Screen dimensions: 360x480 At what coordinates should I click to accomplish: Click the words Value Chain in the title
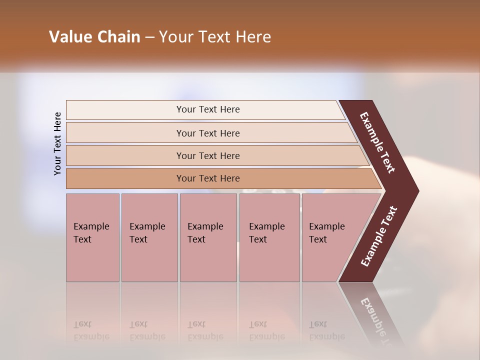(x=94, y=37)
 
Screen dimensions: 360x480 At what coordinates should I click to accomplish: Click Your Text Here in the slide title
(x=215, y=37)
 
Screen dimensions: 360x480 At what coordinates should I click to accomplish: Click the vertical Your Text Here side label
(x=57, y=143)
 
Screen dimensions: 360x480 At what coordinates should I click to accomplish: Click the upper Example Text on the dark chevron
(x=377, y=142)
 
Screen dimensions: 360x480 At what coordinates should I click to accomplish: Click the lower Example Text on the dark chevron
(x=379, y=236)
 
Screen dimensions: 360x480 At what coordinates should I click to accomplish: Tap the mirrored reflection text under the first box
(x=91, y=330)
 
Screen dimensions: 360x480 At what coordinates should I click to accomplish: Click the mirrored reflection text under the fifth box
(x=326, y=330)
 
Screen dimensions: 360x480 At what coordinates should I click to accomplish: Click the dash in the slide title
(x=149, y=37)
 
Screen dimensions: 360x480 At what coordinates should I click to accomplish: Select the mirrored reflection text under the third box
(x=205, y=330)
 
